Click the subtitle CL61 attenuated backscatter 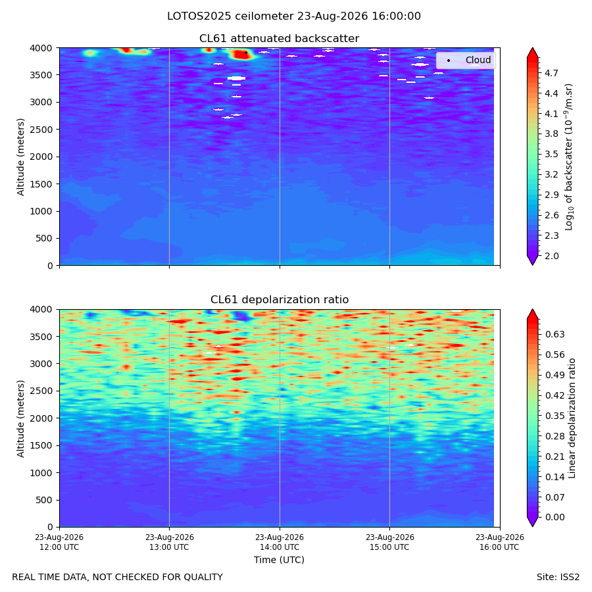(x=279, y=39)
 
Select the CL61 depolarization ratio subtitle (x=280, y=300)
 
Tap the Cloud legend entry (x=478, y=60)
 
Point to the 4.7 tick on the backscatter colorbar (x=551, y=73)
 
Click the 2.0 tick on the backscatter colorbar (x=551, y=256)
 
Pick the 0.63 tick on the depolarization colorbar (x=555, y=335)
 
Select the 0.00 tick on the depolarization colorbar (x=555, y=517)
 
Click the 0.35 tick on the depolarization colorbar (x=555, y=416)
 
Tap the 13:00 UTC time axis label (x=169, y=542)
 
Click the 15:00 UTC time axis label (x=389, y=542)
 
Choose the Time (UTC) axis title (x=279, y=560)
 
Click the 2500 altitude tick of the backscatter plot (x=41, y=130)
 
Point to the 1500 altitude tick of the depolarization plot (x=41, y=445)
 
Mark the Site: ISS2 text (x=558, y=578)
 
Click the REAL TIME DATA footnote (x=118, y=578)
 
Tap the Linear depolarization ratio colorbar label (x=572, y=418)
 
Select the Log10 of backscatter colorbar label (x=569, y=157)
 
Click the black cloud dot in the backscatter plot (x=246, y=53)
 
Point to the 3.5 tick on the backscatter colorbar (x=551, y=155)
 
